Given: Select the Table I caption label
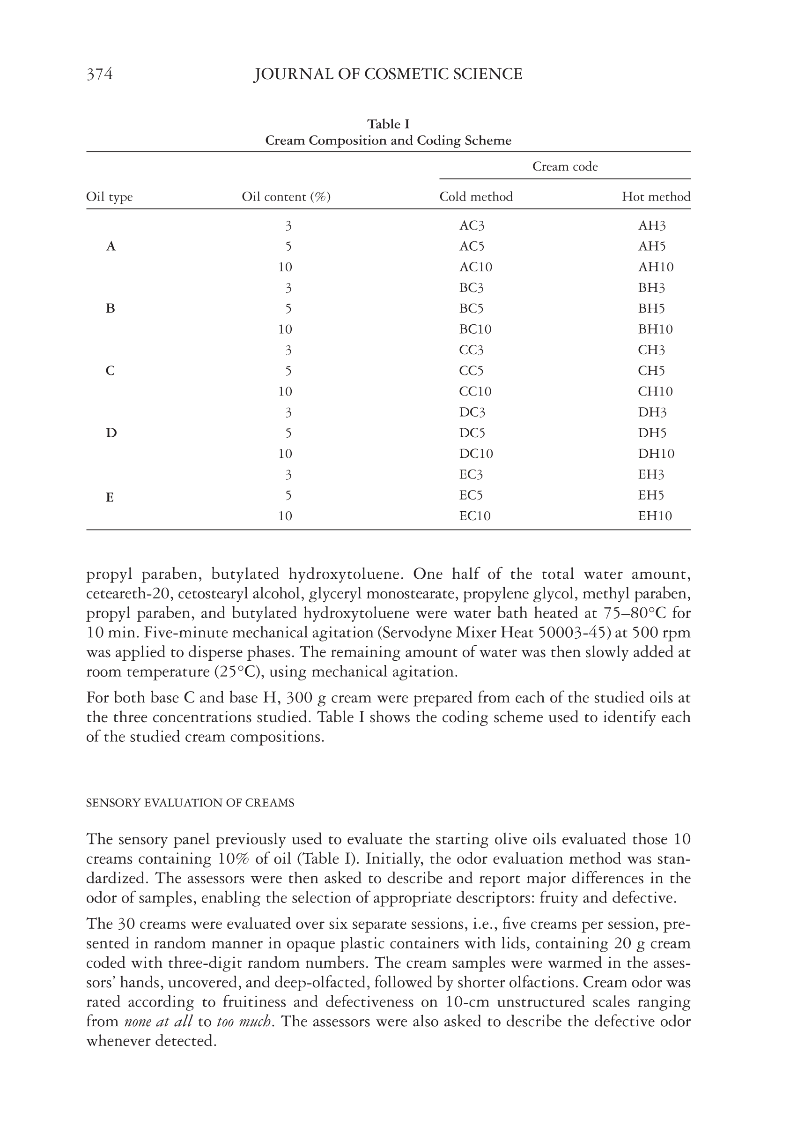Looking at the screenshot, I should (388, 124).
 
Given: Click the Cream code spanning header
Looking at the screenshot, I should (565, 166).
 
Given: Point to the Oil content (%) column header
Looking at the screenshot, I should (286, 197).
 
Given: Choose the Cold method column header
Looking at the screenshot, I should (476, 197).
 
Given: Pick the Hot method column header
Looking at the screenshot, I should (656, 197).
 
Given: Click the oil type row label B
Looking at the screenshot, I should (111, 308).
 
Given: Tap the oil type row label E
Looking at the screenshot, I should (110, 497).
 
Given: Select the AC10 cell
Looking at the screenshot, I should (475, 268).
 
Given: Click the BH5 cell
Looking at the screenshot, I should (651, 308).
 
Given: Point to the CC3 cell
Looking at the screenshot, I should (471, 350).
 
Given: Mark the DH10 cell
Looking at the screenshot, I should (656, 454).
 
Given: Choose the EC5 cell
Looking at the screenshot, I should (470, 495).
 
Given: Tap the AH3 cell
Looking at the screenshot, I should (652, 226).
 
